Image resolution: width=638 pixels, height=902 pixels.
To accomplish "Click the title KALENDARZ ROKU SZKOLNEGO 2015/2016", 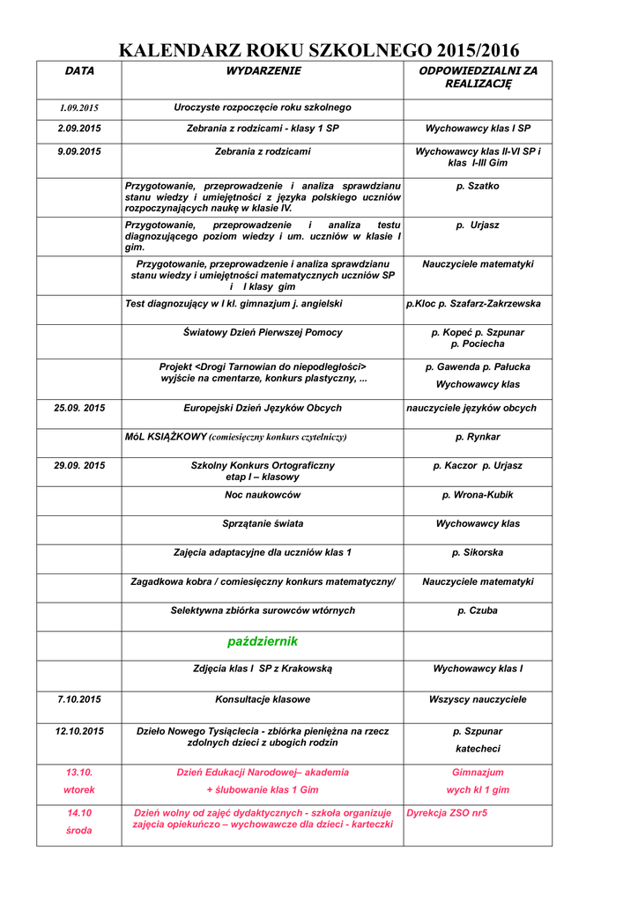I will [x=319, y=50].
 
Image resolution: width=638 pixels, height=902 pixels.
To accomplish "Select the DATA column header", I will [x=79, y=70].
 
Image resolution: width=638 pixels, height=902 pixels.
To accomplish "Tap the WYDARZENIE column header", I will [x=263, y=70].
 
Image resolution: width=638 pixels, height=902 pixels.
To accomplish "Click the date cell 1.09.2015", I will [x=79, y=108].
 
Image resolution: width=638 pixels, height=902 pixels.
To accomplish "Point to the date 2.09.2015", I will [x=79, y=129].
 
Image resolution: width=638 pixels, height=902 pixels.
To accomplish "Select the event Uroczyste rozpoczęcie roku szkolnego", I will [x=263, y=107].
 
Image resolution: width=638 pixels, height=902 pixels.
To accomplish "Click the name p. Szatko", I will [x=478, y=187].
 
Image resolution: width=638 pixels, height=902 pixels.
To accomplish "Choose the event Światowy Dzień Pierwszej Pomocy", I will [x=263, y=333].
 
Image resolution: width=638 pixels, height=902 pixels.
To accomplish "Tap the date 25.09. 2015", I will [x=79, y=409].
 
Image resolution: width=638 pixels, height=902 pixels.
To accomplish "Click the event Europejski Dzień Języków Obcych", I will [x=263, y=409].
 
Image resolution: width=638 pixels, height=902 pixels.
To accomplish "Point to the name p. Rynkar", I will [x=478, y=437].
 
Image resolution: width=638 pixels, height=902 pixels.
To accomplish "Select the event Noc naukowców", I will [x=263, y=495].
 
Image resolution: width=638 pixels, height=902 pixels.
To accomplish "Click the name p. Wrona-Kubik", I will [x=478, y=495].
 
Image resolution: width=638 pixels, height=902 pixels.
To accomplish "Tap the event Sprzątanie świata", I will [x=263, y=524].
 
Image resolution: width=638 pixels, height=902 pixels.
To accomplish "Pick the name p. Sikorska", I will [x=478, y=553].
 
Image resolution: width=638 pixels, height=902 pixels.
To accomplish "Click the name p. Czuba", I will [x=478, y=610].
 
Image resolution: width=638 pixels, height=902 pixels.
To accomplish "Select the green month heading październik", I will [x=263, y=641].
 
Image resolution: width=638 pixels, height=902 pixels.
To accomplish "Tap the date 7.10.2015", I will [x=79, y=699].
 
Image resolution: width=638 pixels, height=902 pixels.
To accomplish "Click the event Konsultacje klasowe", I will [x=263, y=699].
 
